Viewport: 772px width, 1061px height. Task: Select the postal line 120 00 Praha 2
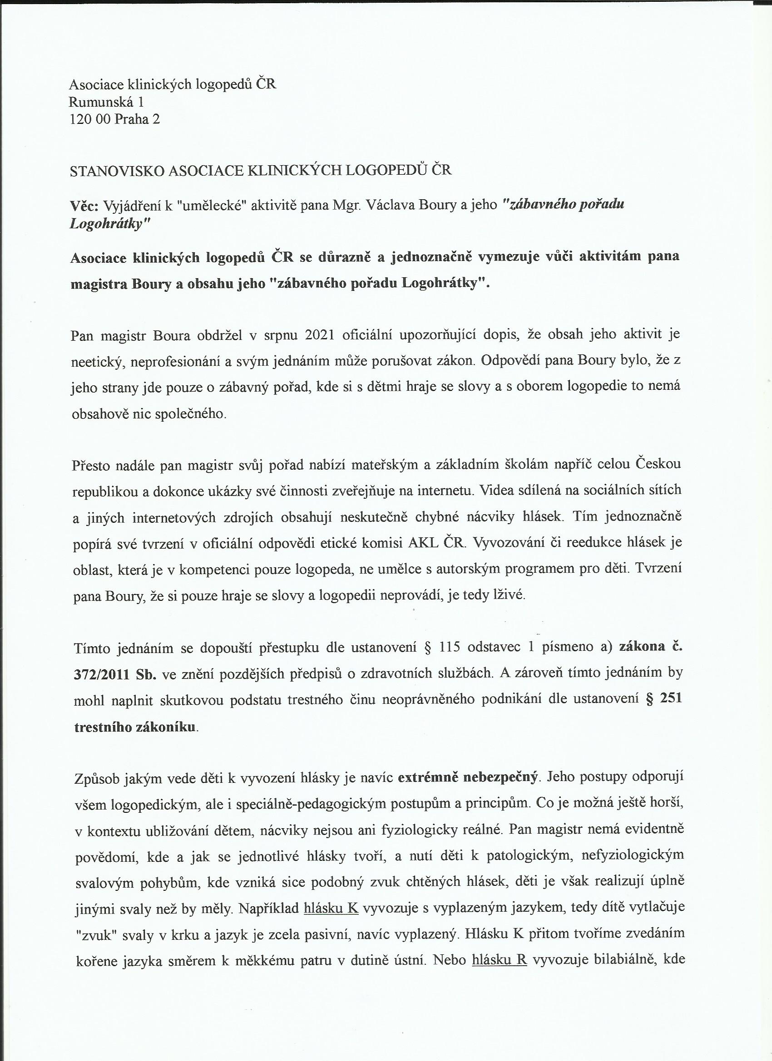coord(114,119)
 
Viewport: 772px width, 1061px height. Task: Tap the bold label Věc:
coord(84,205)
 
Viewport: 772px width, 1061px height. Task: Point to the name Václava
coord(391,205)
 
